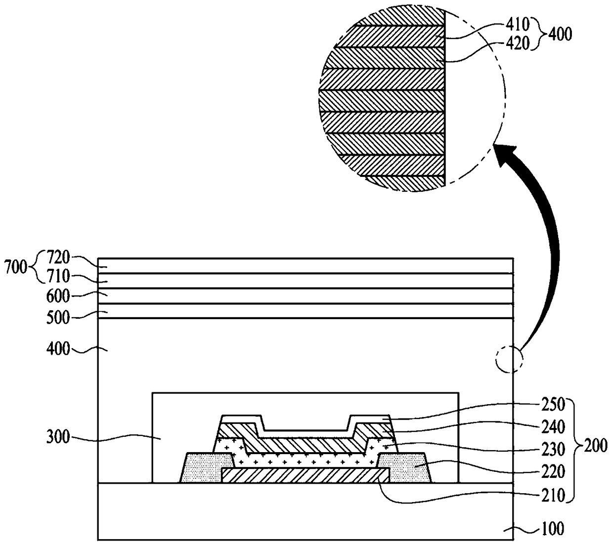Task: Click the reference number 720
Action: pyautogui.click(x=58, y=257)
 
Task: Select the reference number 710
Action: pyautogui.click(x=58, y=276)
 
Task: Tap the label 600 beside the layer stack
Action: pyautogui.click(x=58, y=296)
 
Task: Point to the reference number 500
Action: pyautogui.click(x=58, y=318)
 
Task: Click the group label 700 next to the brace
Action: pyautogui.click(x=16, y=267)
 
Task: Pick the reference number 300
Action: pyautogui.click(x=58, y=437)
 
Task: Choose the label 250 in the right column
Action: pyautogui.click(x=553, y=404)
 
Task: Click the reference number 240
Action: pyautogui.click(x=553, y=427)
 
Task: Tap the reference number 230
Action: pyautogui.click(x=553, y=450)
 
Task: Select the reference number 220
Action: pyautogui.click(x=553, y=471)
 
